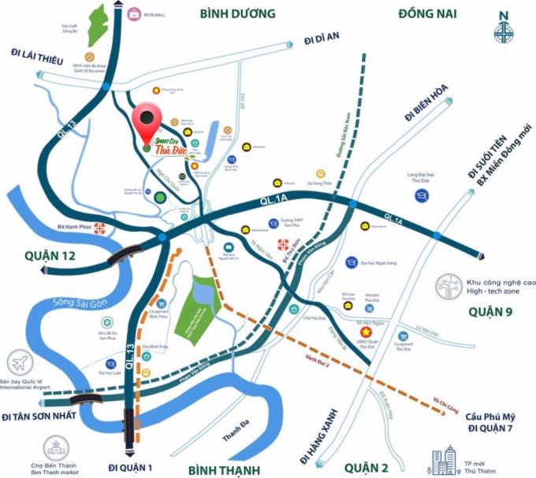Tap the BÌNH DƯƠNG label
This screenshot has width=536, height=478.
pos(238,13)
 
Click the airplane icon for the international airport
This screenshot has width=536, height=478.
pos(18,363)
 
